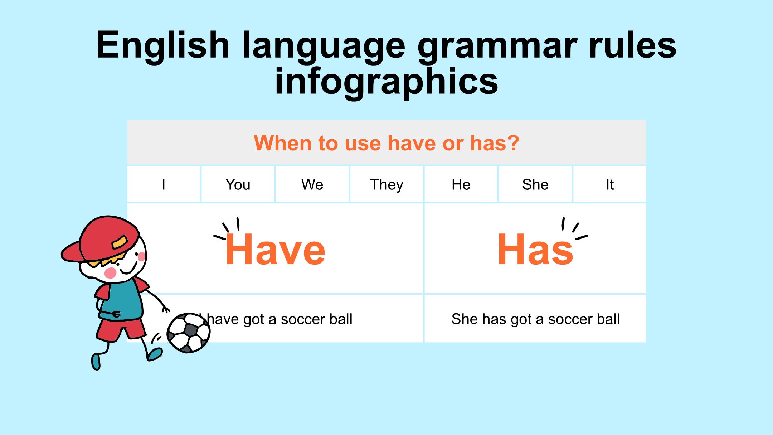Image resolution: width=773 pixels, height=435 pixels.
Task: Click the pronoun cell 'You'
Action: tap(238, 184)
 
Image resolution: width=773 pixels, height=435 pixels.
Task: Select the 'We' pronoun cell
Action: tap(312, 184)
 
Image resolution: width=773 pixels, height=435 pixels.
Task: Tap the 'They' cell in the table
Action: tap(386, 184)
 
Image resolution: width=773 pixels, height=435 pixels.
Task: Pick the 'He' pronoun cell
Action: tap(461, 184)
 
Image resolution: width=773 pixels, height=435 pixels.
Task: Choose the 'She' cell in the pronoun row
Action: tap(535, 184)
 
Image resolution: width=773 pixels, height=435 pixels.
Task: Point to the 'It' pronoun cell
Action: tap(610, 184)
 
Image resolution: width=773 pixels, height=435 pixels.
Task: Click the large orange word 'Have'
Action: tap(275, 249)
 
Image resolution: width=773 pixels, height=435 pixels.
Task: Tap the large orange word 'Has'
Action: tap(535, 249)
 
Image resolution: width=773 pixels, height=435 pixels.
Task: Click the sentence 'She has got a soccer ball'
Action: tap(535, 319)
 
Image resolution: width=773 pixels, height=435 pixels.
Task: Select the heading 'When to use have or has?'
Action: tap(386, 143)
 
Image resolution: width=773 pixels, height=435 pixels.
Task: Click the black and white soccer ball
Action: tap(189, 333)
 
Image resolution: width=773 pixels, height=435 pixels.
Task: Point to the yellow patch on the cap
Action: tap(120, 242)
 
